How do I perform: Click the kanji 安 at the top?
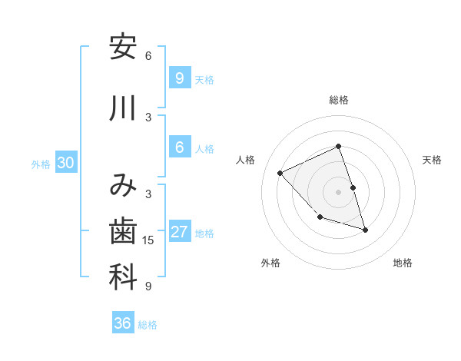click(x=123, y=48)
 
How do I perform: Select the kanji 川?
click(x=123, y=108)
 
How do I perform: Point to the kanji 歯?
click(x=123, y=230)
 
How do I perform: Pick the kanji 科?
click(x=123, y=277)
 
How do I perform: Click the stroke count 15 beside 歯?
click(x=148, y=240)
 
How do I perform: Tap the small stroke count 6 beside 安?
click(x=148, y=56)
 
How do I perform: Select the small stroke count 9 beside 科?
click(x=148, y=286)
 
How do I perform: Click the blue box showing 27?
click(x=180, y=233)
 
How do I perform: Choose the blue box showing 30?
click(x=65, y=163)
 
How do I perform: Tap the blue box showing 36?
click(x=123, y=323)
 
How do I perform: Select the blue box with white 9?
click(x=180, y=78)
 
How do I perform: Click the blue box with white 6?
click(x=180, y=148)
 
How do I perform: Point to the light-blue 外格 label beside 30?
click(x=41, y=164)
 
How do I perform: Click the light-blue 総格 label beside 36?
click(x=148, y=325)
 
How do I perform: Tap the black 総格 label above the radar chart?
click(x=339, y=100)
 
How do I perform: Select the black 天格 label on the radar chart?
click(x=433, y=160)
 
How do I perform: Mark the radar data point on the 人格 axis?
click(x=280, y=173)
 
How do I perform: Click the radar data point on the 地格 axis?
click(x=365, y=229)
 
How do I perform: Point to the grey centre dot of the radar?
click(x=339, y=192)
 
